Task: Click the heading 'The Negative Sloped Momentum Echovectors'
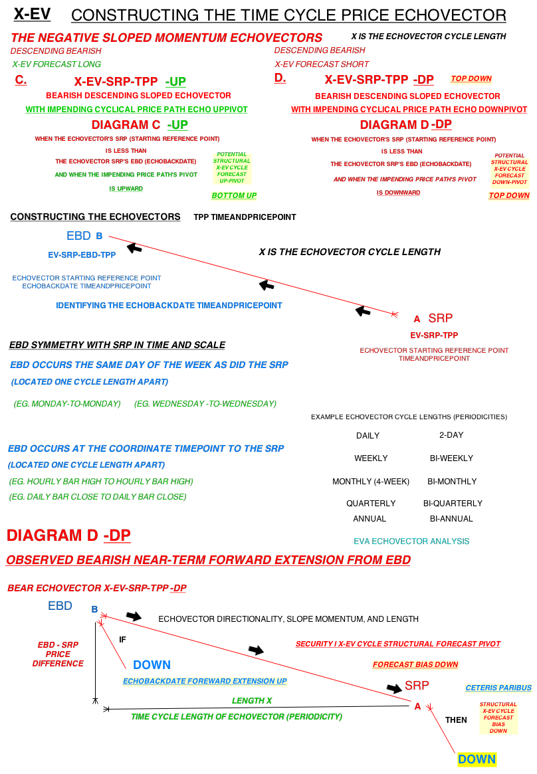coord(166,39)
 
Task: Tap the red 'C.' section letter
coord(21,80)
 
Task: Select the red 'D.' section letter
coord(280,78)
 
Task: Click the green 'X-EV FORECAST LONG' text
coord(56,64)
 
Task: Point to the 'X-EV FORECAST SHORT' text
coord(322,64)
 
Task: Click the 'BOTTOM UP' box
coord(234,196)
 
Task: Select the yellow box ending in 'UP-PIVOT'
coord(232,169)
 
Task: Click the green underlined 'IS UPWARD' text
coord(126,189)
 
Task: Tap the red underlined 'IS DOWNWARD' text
coord(398,193)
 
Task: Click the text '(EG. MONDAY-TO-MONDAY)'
coord(67,404)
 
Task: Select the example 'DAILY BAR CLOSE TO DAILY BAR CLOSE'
coord(98,497)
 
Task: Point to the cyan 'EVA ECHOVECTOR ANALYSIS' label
coord(411,541)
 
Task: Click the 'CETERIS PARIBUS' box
coord(498,688)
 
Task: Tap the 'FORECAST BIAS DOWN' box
coord(415,665)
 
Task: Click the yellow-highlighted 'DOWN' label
coord(477,759)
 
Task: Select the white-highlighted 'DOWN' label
coord(152,665)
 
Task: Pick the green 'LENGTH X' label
coord(252,701)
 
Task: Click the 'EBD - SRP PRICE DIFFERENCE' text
coord(58,654)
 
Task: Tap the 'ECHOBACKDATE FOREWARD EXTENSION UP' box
coord(205,682)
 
